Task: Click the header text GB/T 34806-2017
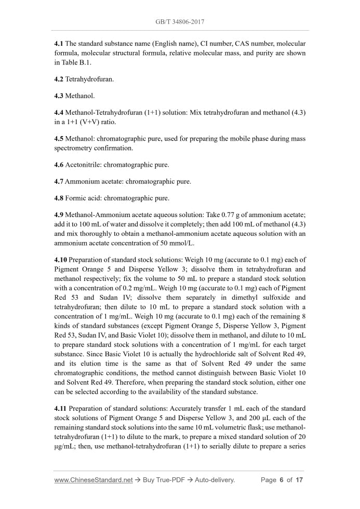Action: coord(180,22)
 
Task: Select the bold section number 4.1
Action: coord(59,44)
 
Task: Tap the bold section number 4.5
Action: coord(59,139)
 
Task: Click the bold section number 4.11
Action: coord(61,408)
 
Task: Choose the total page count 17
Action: coord(299,480)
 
